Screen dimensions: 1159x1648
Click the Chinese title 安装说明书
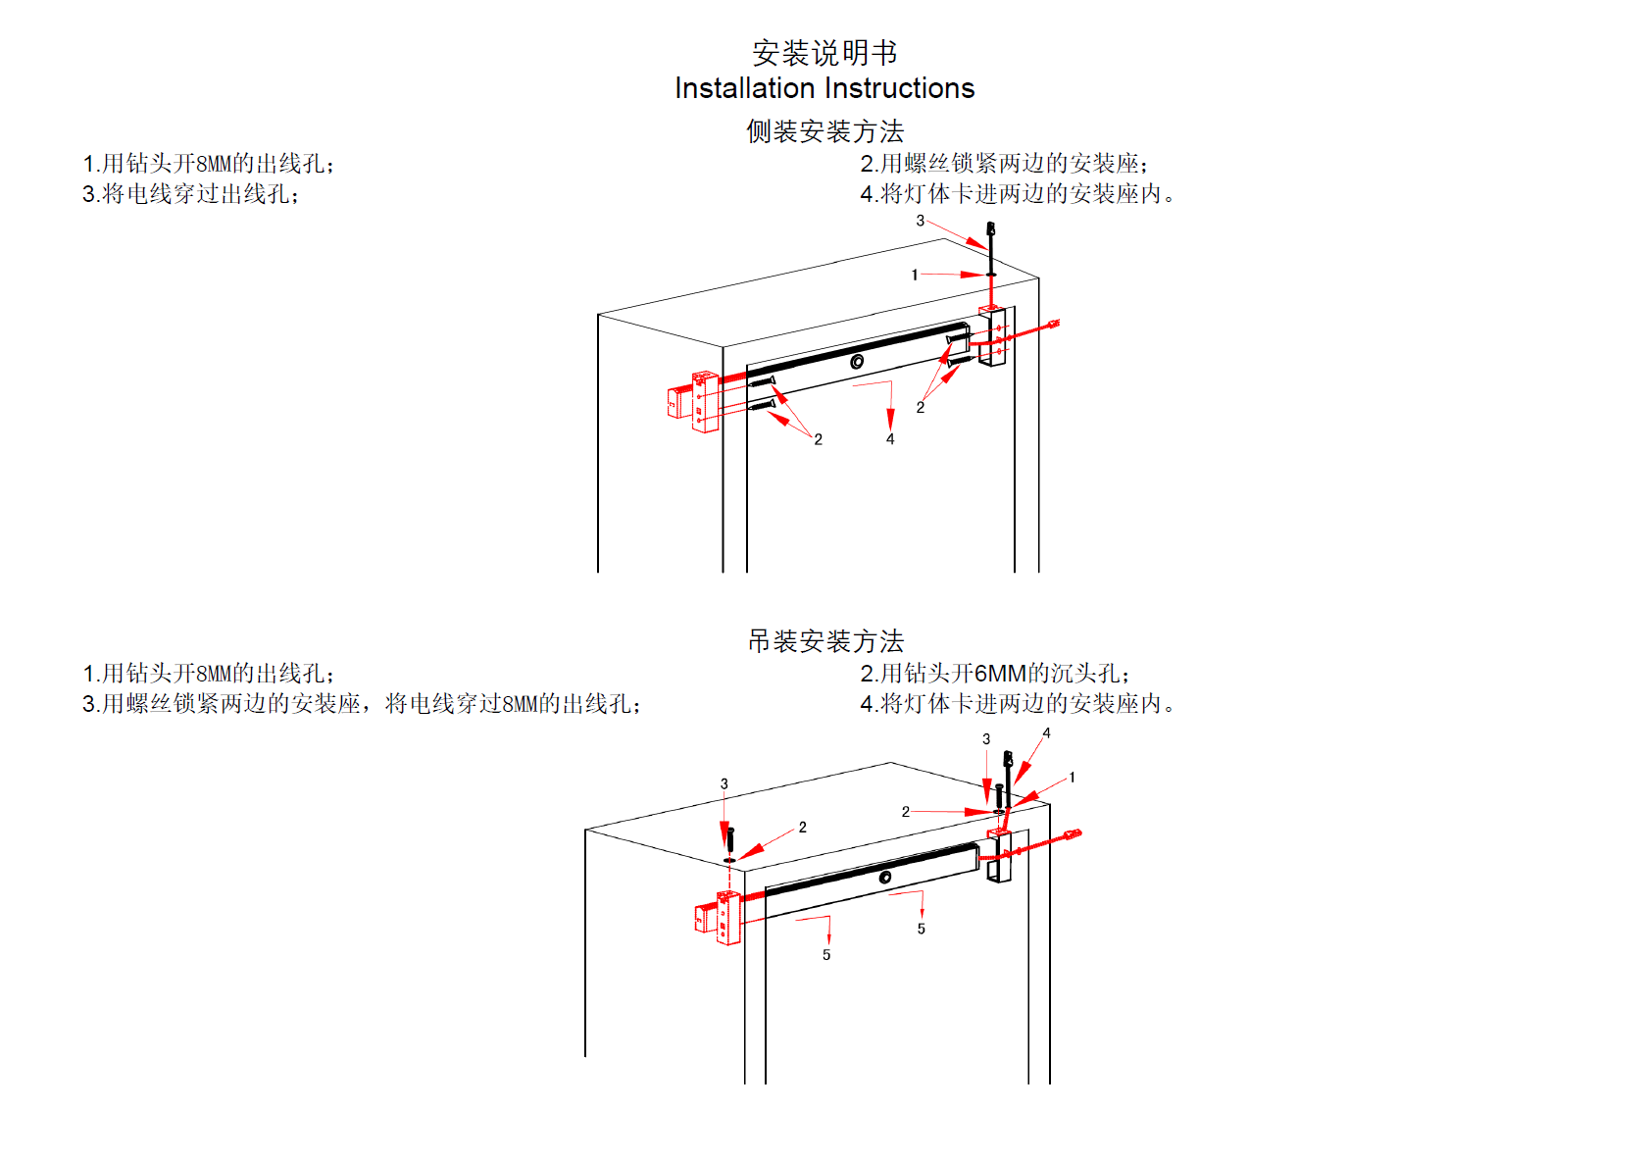click(824, 53)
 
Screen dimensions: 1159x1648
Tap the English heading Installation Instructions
click(824, 88)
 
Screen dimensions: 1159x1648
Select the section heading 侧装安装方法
click(824, 131)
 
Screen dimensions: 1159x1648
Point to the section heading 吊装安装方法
click(825, 641)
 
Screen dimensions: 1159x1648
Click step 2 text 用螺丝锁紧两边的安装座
click(1004, 164)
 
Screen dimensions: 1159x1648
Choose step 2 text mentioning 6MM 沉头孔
click(994, 674)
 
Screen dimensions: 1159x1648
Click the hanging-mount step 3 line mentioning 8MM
click(361, 704)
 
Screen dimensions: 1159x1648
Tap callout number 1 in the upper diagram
click(915, 276)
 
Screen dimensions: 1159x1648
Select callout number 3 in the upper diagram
click(920, 221)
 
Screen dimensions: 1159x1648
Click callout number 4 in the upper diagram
click(890, 439)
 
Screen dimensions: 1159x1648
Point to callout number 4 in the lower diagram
click(1046, 733)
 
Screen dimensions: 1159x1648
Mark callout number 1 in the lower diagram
click(1072, 778)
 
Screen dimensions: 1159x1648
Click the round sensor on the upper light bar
click(857, 362)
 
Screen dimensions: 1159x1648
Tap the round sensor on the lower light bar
click(885, 878)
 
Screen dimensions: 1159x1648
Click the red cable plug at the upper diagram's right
click(1053, 324)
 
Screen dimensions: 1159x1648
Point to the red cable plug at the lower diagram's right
click(1074, 835)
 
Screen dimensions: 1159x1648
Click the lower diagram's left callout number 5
click(826, 955)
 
